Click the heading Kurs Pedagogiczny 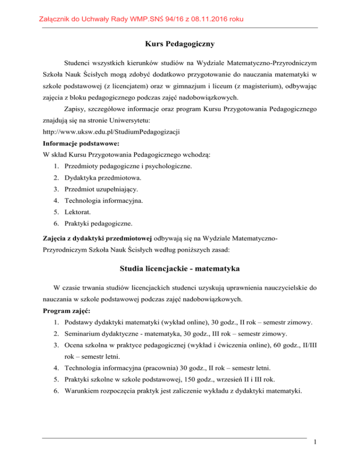point(180,45)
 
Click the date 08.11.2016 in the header point(209,19)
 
